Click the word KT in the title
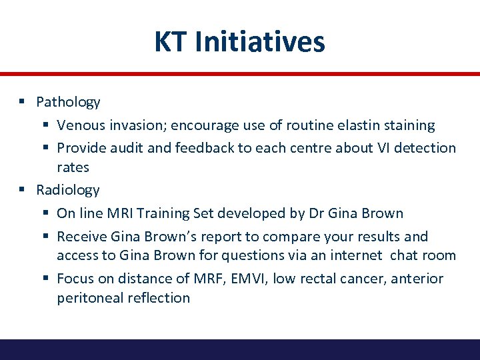pos(169,41)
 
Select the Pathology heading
pos(68,102)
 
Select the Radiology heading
pos(68,190)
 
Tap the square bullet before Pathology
pos(22,101)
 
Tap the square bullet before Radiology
pos(22,189)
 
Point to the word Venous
pos(79,125)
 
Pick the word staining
pos(409,125)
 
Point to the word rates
pos(73,167)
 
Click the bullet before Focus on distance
pos(43,277)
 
